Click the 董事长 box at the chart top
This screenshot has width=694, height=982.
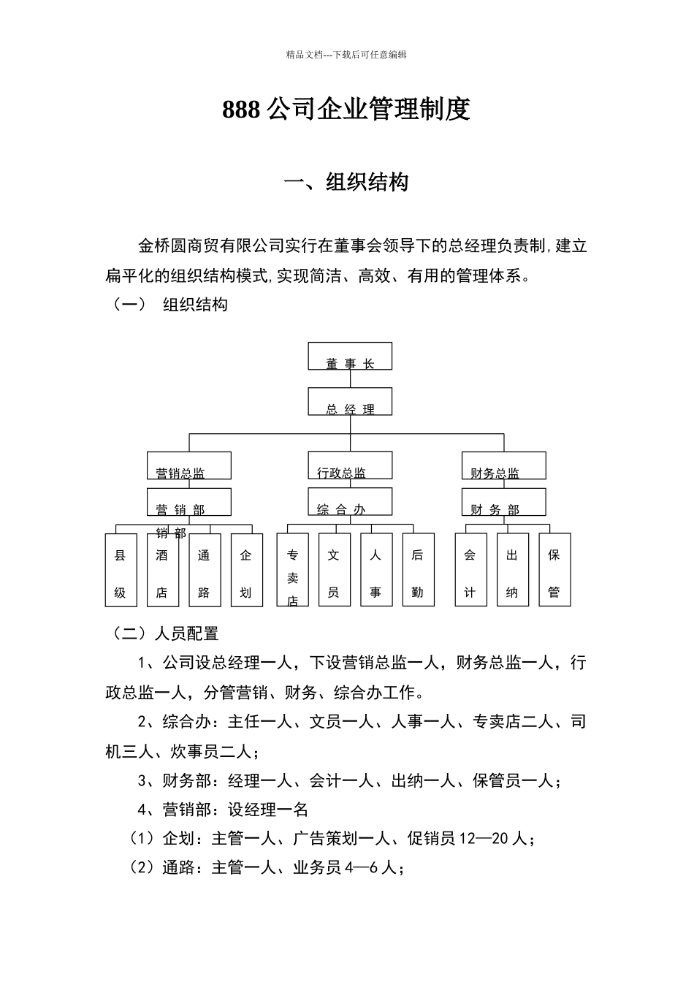350,356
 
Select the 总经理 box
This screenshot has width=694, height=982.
350,402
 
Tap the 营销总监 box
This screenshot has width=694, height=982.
189,465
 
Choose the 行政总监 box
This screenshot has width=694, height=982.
350,465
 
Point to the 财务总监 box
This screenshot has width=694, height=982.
503,465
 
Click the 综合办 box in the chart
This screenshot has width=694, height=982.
350,502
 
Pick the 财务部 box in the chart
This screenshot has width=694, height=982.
503,502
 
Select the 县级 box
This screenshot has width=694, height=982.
121,570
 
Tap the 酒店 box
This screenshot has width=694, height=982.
162,570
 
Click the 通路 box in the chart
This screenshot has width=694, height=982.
205,570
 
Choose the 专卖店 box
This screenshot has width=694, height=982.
292,570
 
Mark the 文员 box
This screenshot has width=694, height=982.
334,570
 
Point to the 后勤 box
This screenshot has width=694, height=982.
418,570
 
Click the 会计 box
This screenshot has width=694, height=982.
470,570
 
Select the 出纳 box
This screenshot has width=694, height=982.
512,570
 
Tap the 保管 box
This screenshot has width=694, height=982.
554,570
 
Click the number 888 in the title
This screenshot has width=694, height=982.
241,110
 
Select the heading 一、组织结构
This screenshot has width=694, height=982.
346,182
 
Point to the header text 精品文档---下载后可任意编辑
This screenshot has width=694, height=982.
346,55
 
